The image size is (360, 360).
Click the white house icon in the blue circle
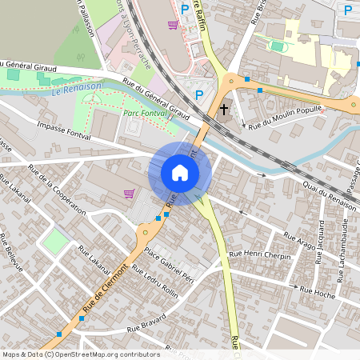[x=180, y=173]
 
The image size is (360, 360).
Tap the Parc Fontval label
[x=145, y=114]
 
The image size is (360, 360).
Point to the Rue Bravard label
[x=145, y=324]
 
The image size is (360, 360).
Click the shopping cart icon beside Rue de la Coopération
[x=129, y=193]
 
